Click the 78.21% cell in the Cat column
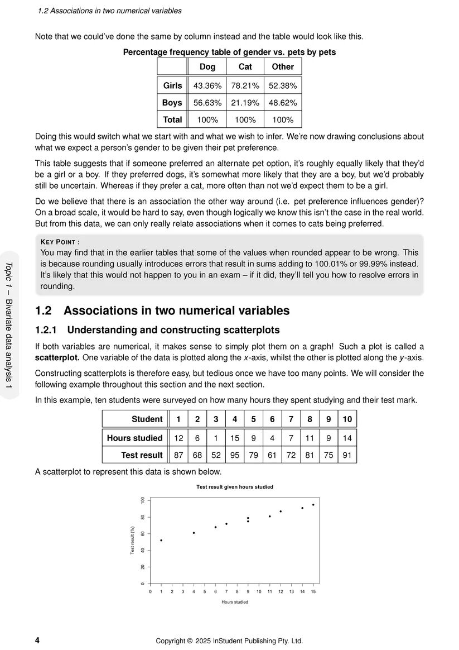(x=245, y=86)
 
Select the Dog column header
(x=207, y=66)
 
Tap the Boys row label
(x=172, y=103)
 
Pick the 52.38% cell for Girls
(x=283, y=86)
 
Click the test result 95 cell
(x=235, y=455)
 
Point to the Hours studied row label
(x=134, y=438)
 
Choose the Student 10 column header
(x=347, y=419)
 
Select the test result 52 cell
(x=216, y=455)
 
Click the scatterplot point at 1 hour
(x=161, y=540)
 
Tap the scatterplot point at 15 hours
(x=313, y=505)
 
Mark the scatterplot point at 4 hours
(x=194, y=533)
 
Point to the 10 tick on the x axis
(x=259, y=591)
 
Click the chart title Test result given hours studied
(x=234, y=487)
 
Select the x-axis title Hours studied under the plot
(x=234, y=602)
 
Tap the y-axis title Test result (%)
(x=133, y=540)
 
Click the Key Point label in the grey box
(x=60, y=242)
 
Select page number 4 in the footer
(x=37, y=641)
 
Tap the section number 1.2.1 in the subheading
(x=47, y=330)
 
